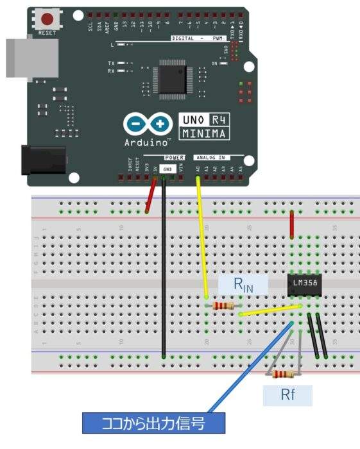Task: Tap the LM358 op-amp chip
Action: click(304, 283)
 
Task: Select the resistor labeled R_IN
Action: click(223, 307)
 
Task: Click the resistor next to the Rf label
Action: click(283, 374)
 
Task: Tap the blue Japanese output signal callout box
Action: click(154, 423)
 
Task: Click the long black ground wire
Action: click(164, 269)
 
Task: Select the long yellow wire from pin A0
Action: click(201, 237)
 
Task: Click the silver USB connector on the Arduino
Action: click(17, 60)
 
